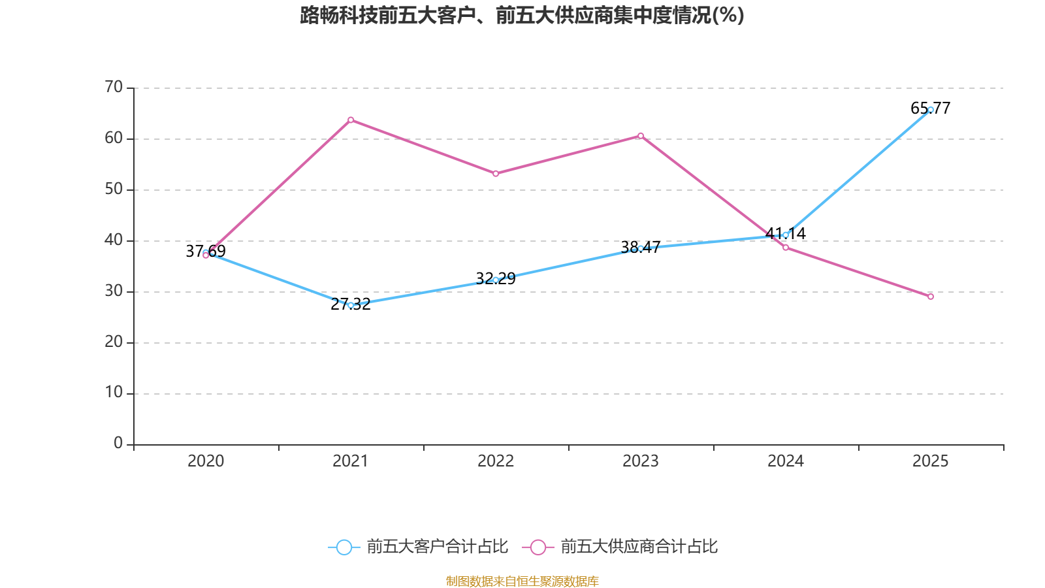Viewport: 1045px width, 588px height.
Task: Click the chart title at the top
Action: point(522,15)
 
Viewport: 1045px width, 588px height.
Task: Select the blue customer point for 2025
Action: point(931,110)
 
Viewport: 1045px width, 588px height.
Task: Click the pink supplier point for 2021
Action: point(351,120)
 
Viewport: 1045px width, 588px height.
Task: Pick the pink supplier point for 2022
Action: point(496,174)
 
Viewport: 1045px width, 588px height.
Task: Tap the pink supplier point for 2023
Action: point(641,136)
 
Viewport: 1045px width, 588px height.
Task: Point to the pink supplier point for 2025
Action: point(931,297)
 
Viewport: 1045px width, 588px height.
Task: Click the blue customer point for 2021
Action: point(351,305)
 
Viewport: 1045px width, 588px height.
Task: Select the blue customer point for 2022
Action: point(496,280)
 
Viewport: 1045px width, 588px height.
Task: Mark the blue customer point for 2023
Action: point(641,248)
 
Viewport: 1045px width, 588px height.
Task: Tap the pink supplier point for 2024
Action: point(786,248)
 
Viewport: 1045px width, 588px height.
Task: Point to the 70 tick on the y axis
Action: point(114,88)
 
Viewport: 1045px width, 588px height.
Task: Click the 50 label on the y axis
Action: point(114,189)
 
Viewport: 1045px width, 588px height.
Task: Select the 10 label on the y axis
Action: point(114,393)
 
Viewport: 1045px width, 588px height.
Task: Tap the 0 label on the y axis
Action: point(118,444)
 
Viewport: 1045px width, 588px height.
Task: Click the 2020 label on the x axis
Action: point(206,461)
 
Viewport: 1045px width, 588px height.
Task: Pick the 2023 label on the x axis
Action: point(641,461)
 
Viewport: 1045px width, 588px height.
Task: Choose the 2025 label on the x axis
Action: point(930,461)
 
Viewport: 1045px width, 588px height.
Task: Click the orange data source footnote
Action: point(522,581)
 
